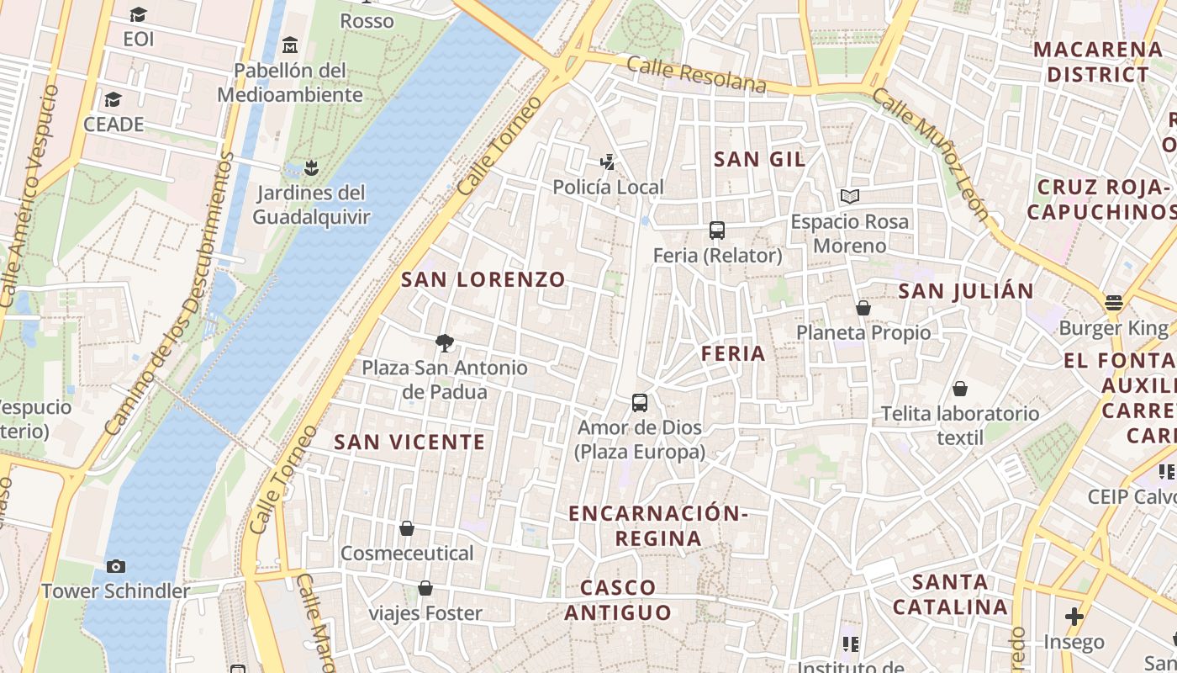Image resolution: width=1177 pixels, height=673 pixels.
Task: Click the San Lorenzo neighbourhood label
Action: (x=483, y=280)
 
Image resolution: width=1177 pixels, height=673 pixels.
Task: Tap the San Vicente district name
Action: (x=409, y=442)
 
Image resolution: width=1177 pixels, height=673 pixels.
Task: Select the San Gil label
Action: (x=759, y=159)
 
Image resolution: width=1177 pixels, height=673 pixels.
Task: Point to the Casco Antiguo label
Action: (x=618, y=601)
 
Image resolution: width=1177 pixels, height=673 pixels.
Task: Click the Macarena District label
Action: (x=1097, y=62)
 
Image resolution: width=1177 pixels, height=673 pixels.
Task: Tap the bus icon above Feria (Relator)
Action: (x=717, y=231)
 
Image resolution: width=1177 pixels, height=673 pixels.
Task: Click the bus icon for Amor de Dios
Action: (x=640, y=403)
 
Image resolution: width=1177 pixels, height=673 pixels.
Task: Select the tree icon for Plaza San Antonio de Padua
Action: (x=445, y=342)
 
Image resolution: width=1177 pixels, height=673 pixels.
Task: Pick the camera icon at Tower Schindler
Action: (x=116, y=567)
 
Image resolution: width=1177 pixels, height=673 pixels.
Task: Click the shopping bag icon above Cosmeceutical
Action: (x=407, y=528)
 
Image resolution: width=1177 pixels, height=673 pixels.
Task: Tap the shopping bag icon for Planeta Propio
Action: (x=863, y=308)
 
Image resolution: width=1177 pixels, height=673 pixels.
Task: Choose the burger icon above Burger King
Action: (x=1114, y=303)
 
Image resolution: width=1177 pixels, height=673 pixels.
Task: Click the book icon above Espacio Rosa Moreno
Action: (x=850, y=197)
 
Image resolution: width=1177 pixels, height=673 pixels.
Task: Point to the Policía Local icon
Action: (x=608, y=162)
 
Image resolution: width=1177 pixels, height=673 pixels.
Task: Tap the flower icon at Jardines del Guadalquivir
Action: (x=311, y=168)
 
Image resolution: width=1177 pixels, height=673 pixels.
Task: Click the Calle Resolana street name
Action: (x=696, y=76)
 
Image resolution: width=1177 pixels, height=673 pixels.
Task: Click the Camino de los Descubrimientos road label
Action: (x=168, y=294)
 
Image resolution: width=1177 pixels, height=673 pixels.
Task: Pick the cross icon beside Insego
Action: (x=1074, y=617)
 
